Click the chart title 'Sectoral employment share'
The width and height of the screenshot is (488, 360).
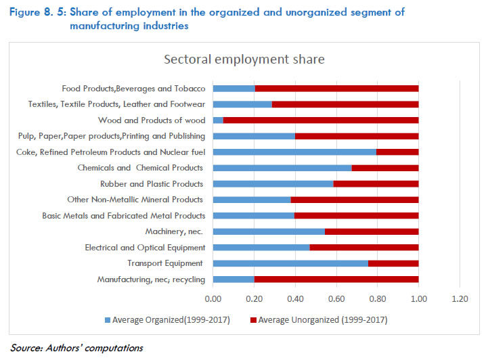pyautogui.click(x=244, y=60)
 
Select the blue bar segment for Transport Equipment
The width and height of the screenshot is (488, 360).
pyautogui.click(x=290, y=263)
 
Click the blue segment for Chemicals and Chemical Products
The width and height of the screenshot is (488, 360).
pyautogui.click(x=282, y=168)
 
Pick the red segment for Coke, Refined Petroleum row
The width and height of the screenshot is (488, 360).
pyautogui.click(x=397, y=152)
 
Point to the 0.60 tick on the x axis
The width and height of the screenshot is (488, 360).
pyautogui.click(x=336, y=298)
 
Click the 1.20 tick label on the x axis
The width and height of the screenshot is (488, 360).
pyautogui.click(x=460, y=298)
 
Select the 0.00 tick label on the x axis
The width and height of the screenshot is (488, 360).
pyautogui.click(x=213, y=298)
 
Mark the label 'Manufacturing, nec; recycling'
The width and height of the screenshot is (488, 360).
pyautogui.click(x=151, y=279)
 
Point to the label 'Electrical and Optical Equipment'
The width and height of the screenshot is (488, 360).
pyautogui.click(x=145, y=248)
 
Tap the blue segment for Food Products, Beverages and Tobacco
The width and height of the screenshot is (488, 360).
pyautogui.click(x=234, y=89)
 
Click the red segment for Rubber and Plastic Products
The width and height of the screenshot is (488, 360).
pyautogui.click(x=376, y=184)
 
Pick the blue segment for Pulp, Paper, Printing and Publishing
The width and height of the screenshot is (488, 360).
pyautogui.click(x=254, y=136)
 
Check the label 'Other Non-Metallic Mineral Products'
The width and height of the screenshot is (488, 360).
pyautogui.click(x=135, y=200)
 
